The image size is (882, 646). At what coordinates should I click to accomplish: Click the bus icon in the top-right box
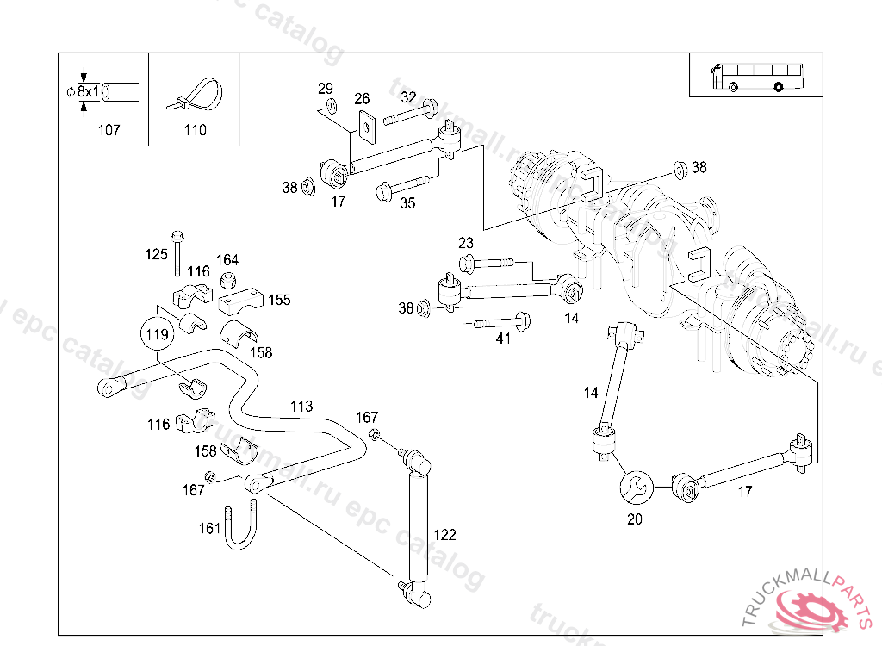pos(756,77)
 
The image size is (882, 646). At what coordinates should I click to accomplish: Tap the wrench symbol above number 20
pos(636,488)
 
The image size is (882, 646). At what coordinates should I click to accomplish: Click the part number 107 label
pos(109,130)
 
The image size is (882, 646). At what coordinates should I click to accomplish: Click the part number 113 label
pos(301,406)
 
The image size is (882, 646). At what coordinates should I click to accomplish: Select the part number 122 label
pos(444,535)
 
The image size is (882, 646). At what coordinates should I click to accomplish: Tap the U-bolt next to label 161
pos(239,526)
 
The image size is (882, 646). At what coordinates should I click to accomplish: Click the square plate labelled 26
pos(367,127)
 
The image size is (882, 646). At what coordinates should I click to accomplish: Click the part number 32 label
pos(408,97)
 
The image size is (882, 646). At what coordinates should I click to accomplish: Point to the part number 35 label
pos(407,203)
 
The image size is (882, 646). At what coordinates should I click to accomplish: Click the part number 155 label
pos(279,301)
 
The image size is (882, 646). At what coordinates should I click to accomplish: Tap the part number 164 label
pos(227,260)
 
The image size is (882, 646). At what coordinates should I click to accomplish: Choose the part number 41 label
pos(503,339)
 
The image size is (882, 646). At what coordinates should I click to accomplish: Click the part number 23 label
pos(466,243)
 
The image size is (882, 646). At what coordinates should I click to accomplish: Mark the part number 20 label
pos(635,519)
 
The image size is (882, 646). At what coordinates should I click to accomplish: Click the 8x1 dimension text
pos(88,90)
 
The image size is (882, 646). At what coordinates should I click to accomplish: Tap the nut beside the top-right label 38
pos(679,168)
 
